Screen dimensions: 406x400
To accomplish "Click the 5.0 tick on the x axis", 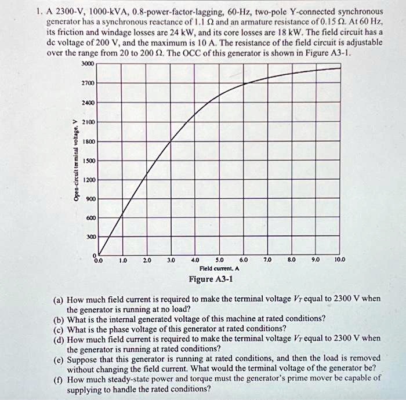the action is [219, 261].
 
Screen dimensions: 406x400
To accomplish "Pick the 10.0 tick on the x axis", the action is [339, 261].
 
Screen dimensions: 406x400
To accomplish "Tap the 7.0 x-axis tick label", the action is [267, 261].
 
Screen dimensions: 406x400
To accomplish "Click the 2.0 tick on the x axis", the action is [147, 261].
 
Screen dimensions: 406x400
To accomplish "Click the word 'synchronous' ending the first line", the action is [356, 12].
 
